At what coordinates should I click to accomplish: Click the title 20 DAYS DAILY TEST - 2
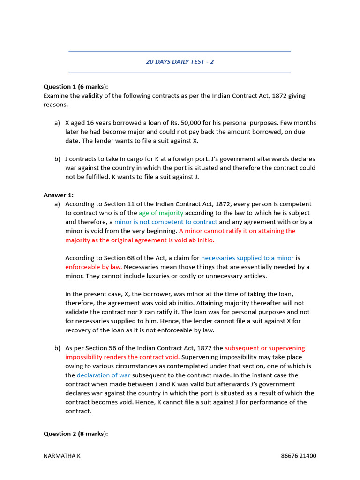tap(180, 61)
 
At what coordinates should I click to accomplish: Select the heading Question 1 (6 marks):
tap(75, 87)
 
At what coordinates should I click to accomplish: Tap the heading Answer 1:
tap(59, 195)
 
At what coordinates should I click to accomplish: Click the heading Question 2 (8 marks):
tap(75, 434)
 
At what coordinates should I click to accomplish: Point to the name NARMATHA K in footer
tap(62, 456)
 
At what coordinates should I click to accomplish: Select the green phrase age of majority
tap(161, 213)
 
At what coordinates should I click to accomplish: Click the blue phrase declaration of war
tap(104, 375)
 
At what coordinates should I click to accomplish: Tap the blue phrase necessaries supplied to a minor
tap(247, 258)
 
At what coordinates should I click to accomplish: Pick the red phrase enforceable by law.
tap(93, 267)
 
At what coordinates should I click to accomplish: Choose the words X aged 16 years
tap(88, 123)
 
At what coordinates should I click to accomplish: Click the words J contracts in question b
tap(82, 159)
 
